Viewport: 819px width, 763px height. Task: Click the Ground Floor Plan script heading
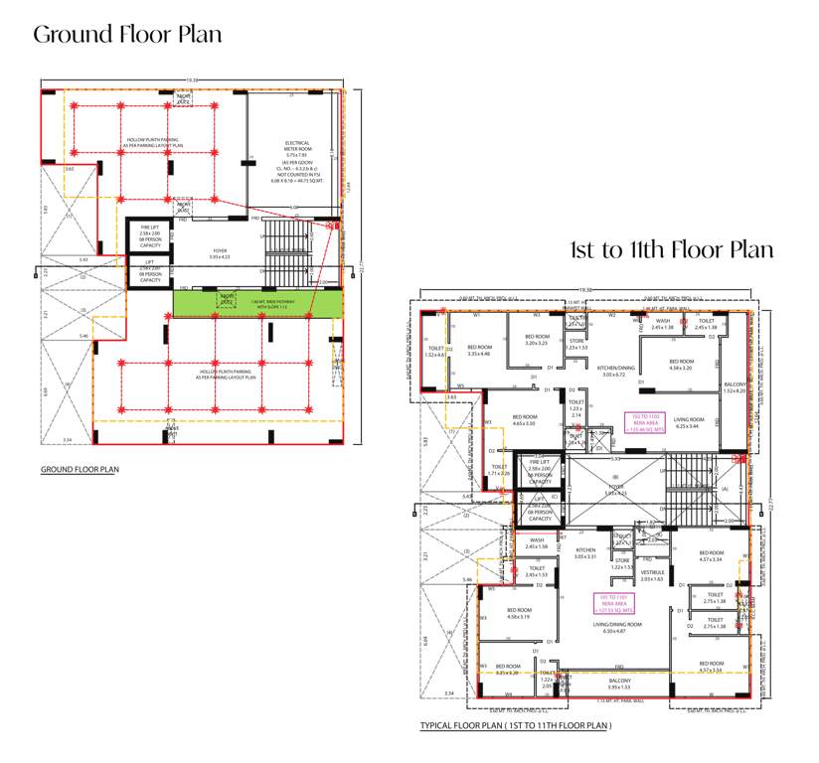coord(127,35)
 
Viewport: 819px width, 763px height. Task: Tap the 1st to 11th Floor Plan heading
coord(671,249)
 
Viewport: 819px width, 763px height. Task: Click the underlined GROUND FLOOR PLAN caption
coord(79,468)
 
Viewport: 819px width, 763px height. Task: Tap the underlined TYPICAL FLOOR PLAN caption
coord(515,725)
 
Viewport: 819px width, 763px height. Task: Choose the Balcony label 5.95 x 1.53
coord(618,684)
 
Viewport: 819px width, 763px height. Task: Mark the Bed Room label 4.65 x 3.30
coord(524,420)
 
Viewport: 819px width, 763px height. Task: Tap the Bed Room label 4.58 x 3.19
coord(519,614)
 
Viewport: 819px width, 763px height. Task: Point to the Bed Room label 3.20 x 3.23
coord(537,340)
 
